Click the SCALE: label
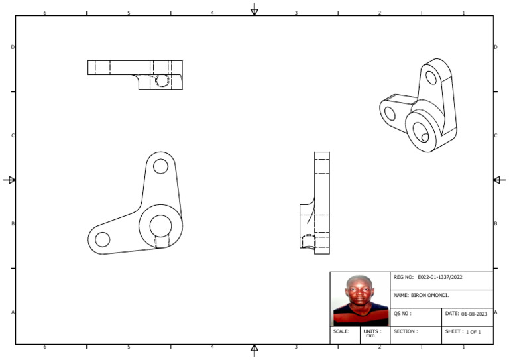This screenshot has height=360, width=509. point(341,331)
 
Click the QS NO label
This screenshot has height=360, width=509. point(403,314)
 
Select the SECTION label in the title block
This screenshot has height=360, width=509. point(406,331)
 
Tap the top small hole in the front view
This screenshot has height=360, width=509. point(160,166)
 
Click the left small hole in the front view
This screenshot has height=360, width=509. point(103,239)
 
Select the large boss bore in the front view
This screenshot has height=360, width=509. point(160,226)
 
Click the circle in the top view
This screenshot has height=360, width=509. point(162,81)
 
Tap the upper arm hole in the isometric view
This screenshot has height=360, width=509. point(431,78)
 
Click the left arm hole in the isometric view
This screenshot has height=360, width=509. point(390,113)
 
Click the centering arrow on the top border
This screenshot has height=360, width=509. point(254,9)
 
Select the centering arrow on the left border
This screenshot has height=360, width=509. point(9,180)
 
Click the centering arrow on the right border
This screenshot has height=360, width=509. point(500,180)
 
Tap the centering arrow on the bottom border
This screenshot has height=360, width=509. point(254,350)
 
